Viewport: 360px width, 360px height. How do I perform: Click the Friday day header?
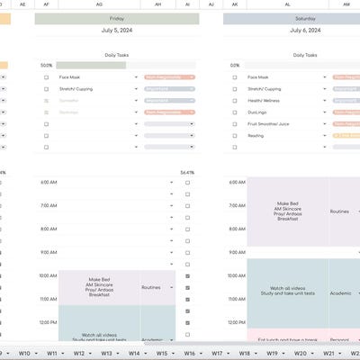click(117, 17)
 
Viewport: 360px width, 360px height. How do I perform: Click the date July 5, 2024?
click(117, 31)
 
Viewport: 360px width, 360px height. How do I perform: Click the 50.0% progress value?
click(47, 65)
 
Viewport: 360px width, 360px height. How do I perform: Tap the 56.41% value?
click(187, 171)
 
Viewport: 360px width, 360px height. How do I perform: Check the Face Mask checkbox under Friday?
click(47, 77)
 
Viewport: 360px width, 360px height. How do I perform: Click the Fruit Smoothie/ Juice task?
click(270, 124)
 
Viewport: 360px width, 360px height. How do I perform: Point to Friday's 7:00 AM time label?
click(48, 205)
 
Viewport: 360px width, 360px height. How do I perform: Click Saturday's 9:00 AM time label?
click(236, 252)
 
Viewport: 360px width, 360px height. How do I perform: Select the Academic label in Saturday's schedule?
click(339, 292)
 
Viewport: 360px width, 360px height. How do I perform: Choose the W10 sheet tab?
click(24, 354)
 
